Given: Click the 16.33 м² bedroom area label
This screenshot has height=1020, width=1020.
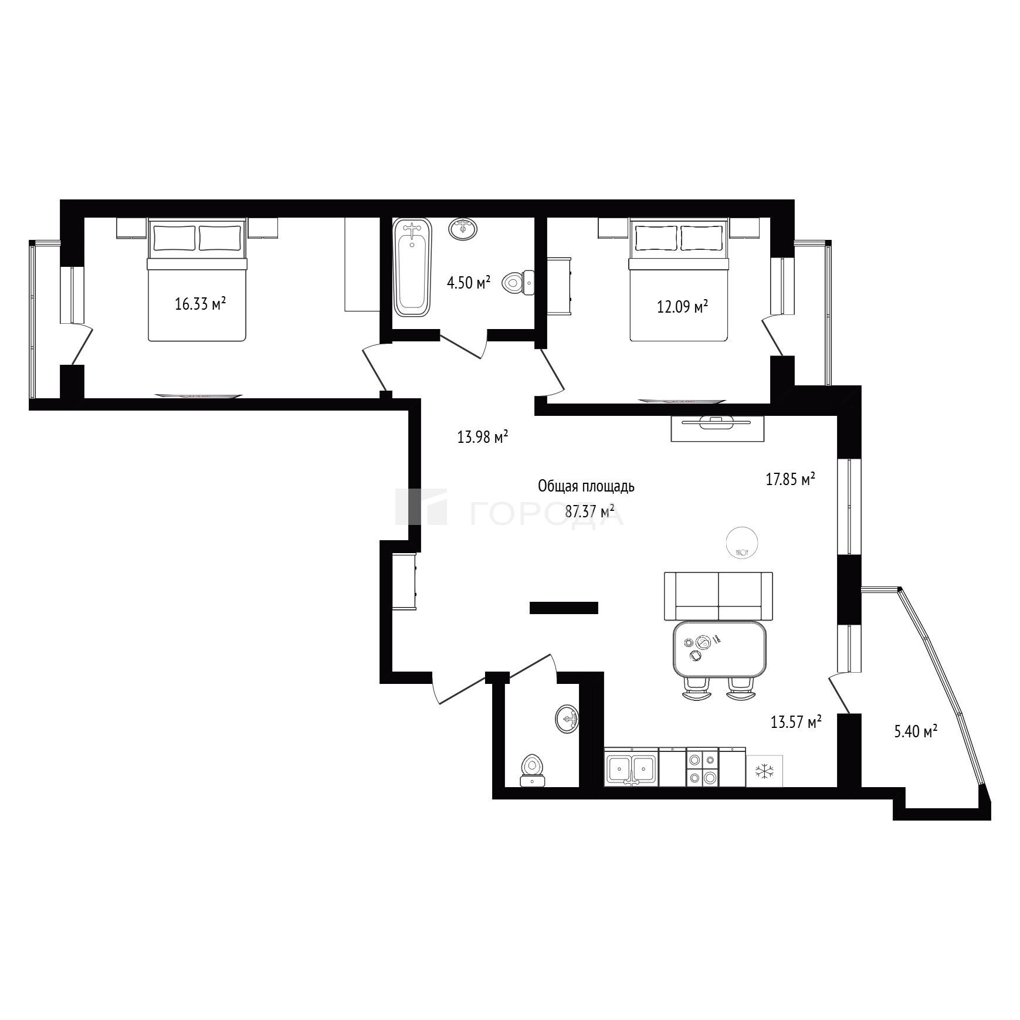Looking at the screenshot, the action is (x=201, y=304).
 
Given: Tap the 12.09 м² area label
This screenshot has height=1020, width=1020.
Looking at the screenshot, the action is (x=683, y=306).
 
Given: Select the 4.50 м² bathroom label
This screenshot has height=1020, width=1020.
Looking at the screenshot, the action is (x=469, y=283).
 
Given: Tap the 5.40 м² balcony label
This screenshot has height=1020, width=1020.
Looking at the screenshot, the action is (x=916, y=731).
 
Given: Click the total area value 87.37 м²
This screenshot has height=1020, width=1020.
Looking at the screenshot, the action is (x=590, y=511).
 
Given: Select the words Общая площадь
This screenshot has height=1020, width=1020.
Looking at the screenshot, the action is (x=587, y=486).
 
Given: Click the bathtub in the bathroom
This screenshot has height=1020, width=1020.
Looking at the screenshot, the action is (x=413, y=267).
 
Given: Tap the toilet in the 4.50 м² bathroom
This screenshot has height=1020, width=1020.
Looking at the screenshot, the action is (x=519, y=283).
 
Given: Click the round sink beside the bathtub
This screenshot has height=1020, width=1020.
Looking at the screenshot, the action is (x=463, y=228).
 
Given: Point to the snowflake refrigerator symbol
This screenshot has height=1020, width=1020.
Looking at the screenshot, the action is (x=764, y=770).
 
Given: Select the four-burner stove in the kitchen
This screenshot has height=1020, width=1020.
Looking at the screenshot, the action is (x=702, y=767).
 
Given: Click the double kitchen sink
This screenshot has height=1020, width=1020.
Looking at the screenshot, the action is (x=631, y=767).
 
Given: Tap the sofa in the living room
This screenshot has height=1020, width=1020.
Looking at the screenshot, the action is (x=719, y=596).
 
